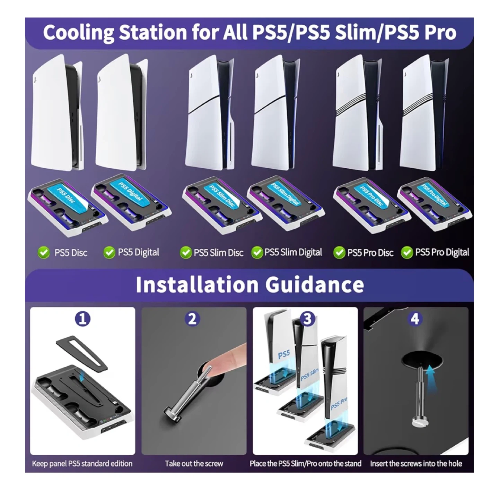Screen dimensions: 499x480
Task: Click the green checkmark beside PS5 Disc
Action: click(44, 252)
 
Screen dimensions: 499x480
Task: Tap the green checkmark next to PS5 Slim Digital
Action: click(257, 252)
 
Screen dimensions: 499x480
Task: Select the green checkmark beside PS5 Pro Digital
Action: click(407, 252)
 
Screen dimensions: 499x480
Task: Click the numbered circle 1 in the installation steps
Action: click(82, 319)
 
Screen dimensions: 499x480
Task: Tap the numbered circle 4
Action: click(415, 319)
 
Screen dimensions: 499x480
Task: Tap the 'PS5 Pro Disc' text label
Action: click(370, 252)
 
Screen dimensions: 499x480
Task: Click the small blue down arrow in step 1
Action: click(82, 378)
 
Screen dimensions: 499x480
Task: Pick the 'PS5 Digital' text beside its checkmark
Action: click(139, 252)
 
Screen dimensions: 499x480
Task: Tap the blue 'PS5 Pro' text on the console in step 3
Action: click(339, 404)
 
